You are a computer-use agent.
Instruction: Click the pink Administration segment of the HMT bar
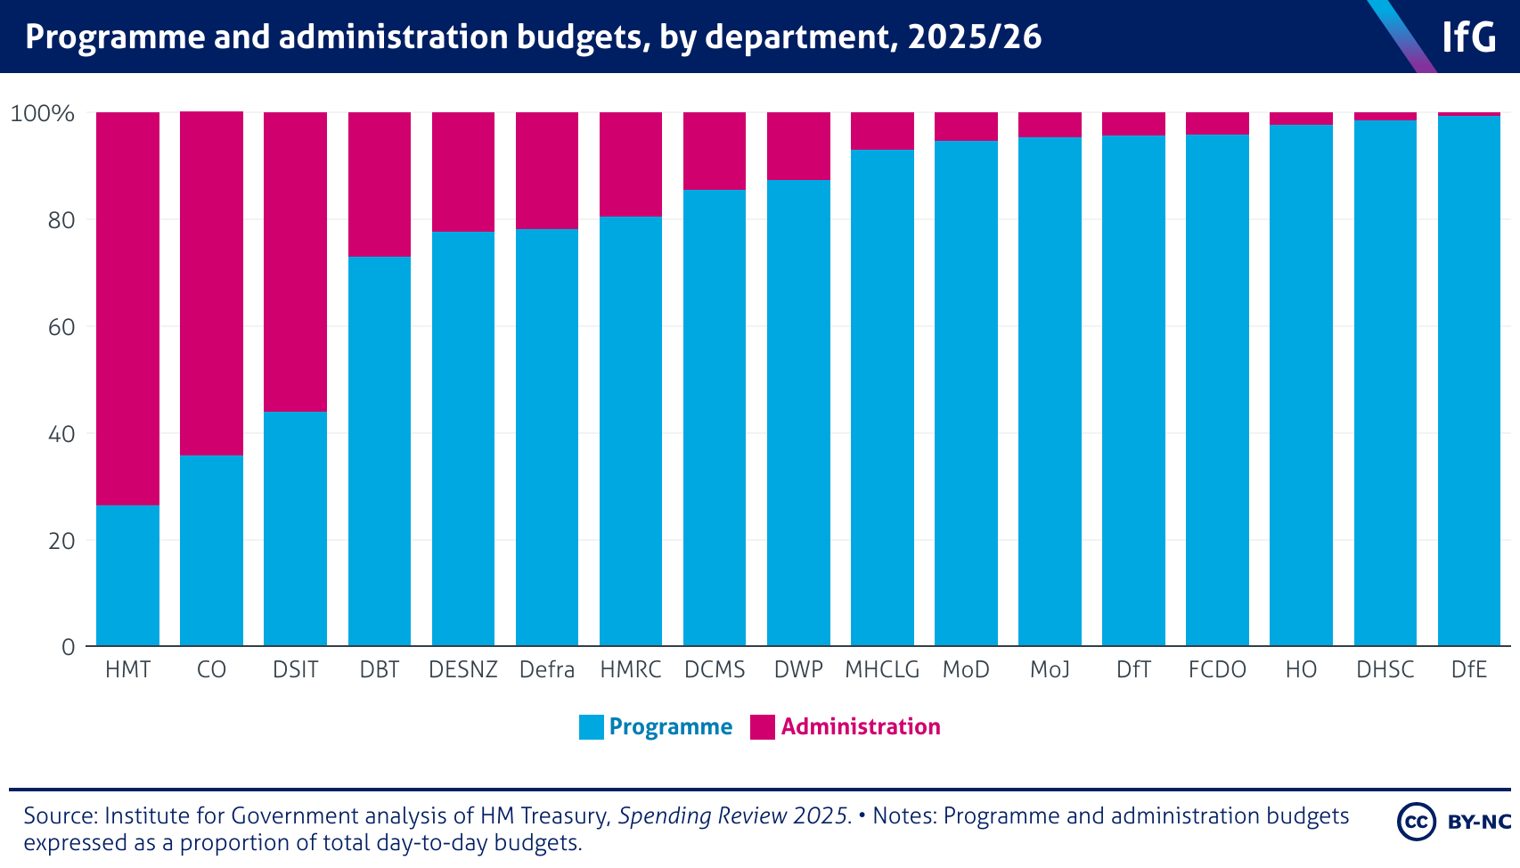pos(127,308)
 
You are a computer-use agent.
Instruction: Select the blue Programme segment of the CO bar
pos(211,551)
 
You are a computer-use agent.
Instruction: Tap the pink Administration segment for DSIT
pos(295,262)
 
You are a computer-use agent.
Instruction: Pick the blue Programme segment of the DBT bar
pos(380,451)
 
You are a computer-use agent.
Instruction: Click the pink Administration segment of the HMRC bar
pos(631,165)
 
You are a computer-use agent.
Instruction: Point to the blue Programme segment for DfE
pos(1468,381)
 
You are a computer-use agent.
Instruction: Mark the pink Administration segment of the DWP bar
pos(798,146)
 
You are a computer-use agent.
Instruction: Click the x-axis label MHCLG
pos(882,670)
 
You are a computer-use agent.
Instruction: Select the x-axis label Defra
pos(547,670)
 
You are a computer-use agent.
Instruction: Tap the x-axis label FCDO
pos(1217,670)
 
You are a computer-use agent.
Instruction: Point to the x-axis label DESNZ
pos(463,670)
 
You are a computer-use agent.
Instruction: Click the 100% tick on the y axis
pos(42,114)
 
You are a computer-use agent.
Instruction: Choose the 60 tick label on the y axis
pos(61,327)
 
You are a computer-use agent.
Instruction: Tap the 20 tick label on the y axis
pos(61,541)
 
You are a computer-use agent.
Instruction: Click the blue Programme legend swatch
pos(591,727)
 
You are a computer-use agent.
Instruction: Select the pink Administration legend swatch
pos(763,727)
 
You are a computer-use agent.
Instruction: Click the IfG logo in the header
pos(1468,37)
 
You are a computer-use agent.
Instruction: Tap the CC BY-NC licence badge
pos(1455,822)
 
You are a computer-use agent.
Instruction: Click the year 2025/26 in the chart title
pos(975,37)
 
